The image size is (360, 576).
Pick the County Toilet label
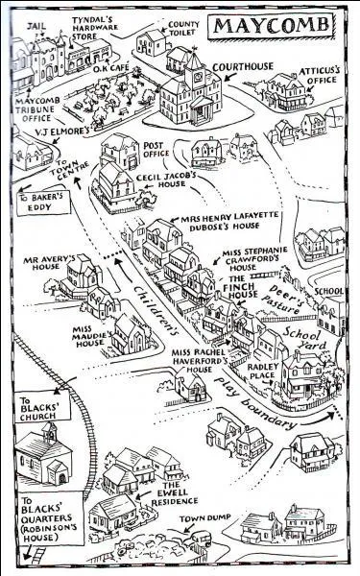177,25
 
